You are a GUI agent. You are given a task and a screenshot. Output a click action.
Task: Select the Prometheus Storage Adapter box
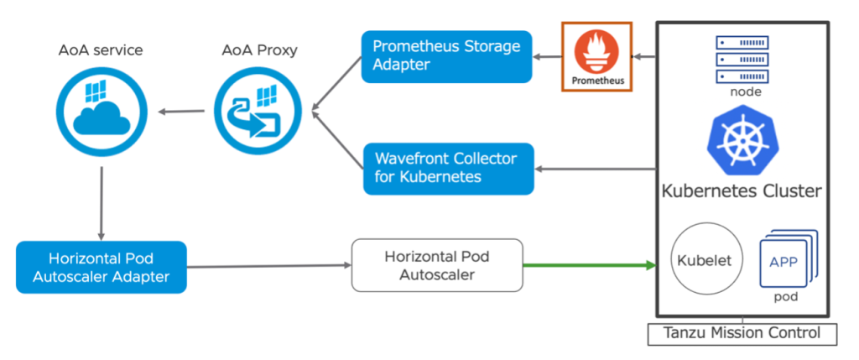446,56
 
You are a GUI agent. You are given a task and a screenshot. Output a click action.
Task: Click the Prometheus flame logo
597,51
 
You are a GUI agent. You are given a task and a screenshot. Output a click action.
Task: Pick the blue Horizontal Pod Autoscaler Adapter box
101,267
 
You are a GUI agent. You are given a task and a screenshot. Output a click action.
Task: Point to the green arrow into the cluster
587,265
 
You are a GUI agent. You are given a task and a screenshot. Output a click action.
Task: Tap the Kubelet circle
704,260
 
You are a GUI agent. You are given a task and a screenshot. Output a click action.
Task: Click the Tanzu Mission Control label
742,333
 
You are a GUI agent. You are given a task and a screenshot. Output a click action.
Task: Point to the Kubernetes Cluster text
742,191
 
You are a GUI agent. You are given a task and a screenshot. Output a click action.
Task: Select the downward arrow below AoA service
101,201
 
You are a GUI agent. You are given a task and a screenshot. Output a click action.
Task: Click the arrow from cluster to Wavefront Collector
596,169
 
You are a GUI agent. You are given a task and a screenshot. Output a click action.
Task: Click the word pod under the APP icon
784,297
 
